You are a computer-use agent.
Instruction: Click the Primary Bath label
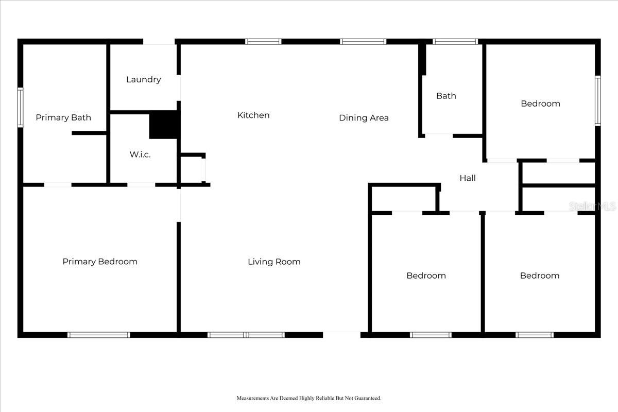63,117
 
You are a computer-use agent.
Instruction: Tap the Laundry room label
144,79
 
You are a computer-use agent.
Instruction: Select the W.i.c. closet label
140,154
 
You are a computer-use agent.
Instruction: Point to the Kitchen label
253,115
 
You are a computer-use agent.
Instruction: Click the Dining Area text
364,118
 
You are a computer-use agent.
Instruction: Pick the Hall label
468,178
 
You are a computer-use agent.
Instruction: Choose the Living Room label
274,262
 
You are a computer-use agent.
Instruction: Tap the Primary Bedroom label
100,262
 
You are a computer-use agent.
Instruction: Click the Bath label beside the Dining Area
446,96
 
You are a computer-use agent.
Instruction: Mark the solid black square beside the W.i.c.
163,125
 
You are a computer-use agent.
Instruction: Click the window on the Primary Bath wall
21,107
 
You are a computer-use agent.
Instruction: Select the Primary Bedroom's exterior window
99,335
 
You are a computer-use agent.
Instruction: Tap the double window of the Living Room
246,335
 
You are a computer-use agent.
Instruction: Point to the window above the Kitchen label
263,42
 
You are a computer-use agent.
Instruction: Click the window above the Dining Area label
363,42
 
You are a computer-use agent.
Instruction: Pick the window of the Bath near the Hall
455,42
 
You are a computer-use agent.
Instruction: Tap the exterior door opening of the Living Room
341,335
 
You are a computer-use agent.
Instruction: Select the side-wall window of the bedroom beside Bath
597,101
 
